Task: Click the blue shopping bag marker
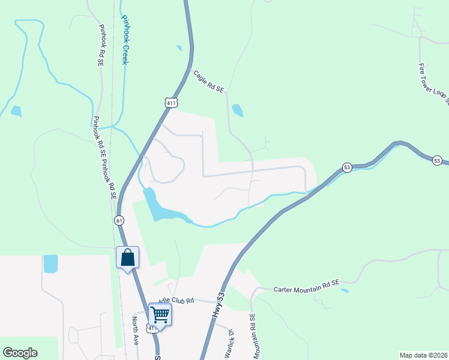coord(127,258)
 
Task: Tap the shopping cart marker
coord(160,314)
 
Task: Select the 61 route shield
coord(120,220)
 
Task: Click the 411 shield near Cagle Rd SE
coord(172,103)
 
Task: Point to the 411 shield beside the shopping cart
coord(152,329)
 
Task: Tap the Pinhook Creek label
coord(125,40)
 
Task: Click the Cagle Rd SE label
coord(208,81)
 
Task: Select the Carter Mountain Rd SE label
coord(307,289)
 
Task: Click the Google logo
coord(20,353)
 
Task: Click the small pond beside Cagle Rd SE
coord(238,110)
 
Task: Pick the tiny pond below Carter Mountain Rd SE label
coord(345,291)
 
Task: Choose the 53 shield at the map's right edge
coord(437,160)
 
